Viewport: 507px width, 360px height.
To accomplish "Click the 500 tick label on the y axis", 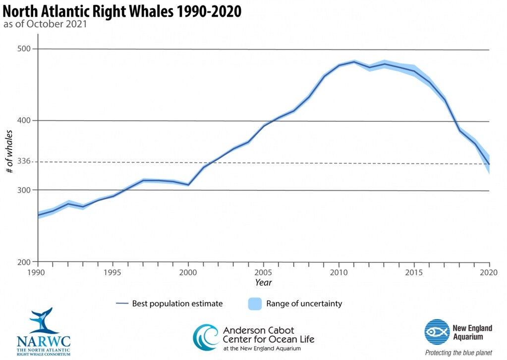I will [x=24, y=49].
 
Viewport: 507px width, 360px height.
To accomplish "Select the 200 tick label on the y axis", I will [x=24, y=262].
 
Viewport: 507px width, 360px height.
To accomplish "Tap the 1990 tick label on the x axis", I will [x=38, y=272].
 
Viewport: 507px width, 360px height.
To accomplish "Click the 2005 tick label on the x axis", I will [x=263, y=272].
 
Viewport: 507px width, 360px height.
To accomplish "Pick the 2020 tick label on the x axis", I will [x=489, y=272].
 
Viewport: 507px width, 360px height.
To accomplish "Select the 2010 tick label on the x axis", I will [x=338, y=272].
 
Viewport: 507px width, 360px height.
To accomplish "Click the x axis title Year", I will [x=263, y=282].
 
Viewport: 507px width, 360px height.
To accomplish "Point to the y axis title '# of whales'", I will [x=9, y=151].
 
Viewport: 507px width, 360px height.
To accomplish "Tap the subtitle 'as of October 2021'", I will [x=46, y=24].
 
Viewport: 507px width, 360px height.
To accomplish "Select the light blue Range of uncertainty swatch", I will [x=254, y=304].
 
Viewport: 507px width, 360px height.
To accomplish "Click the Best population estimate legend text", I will [x=177, y=304].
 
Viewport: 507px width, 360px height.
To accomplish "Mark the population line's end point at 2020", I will [x=489, y=164].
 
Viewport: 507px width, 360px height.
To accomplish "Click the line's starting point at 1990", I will [x=38, y=215].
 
